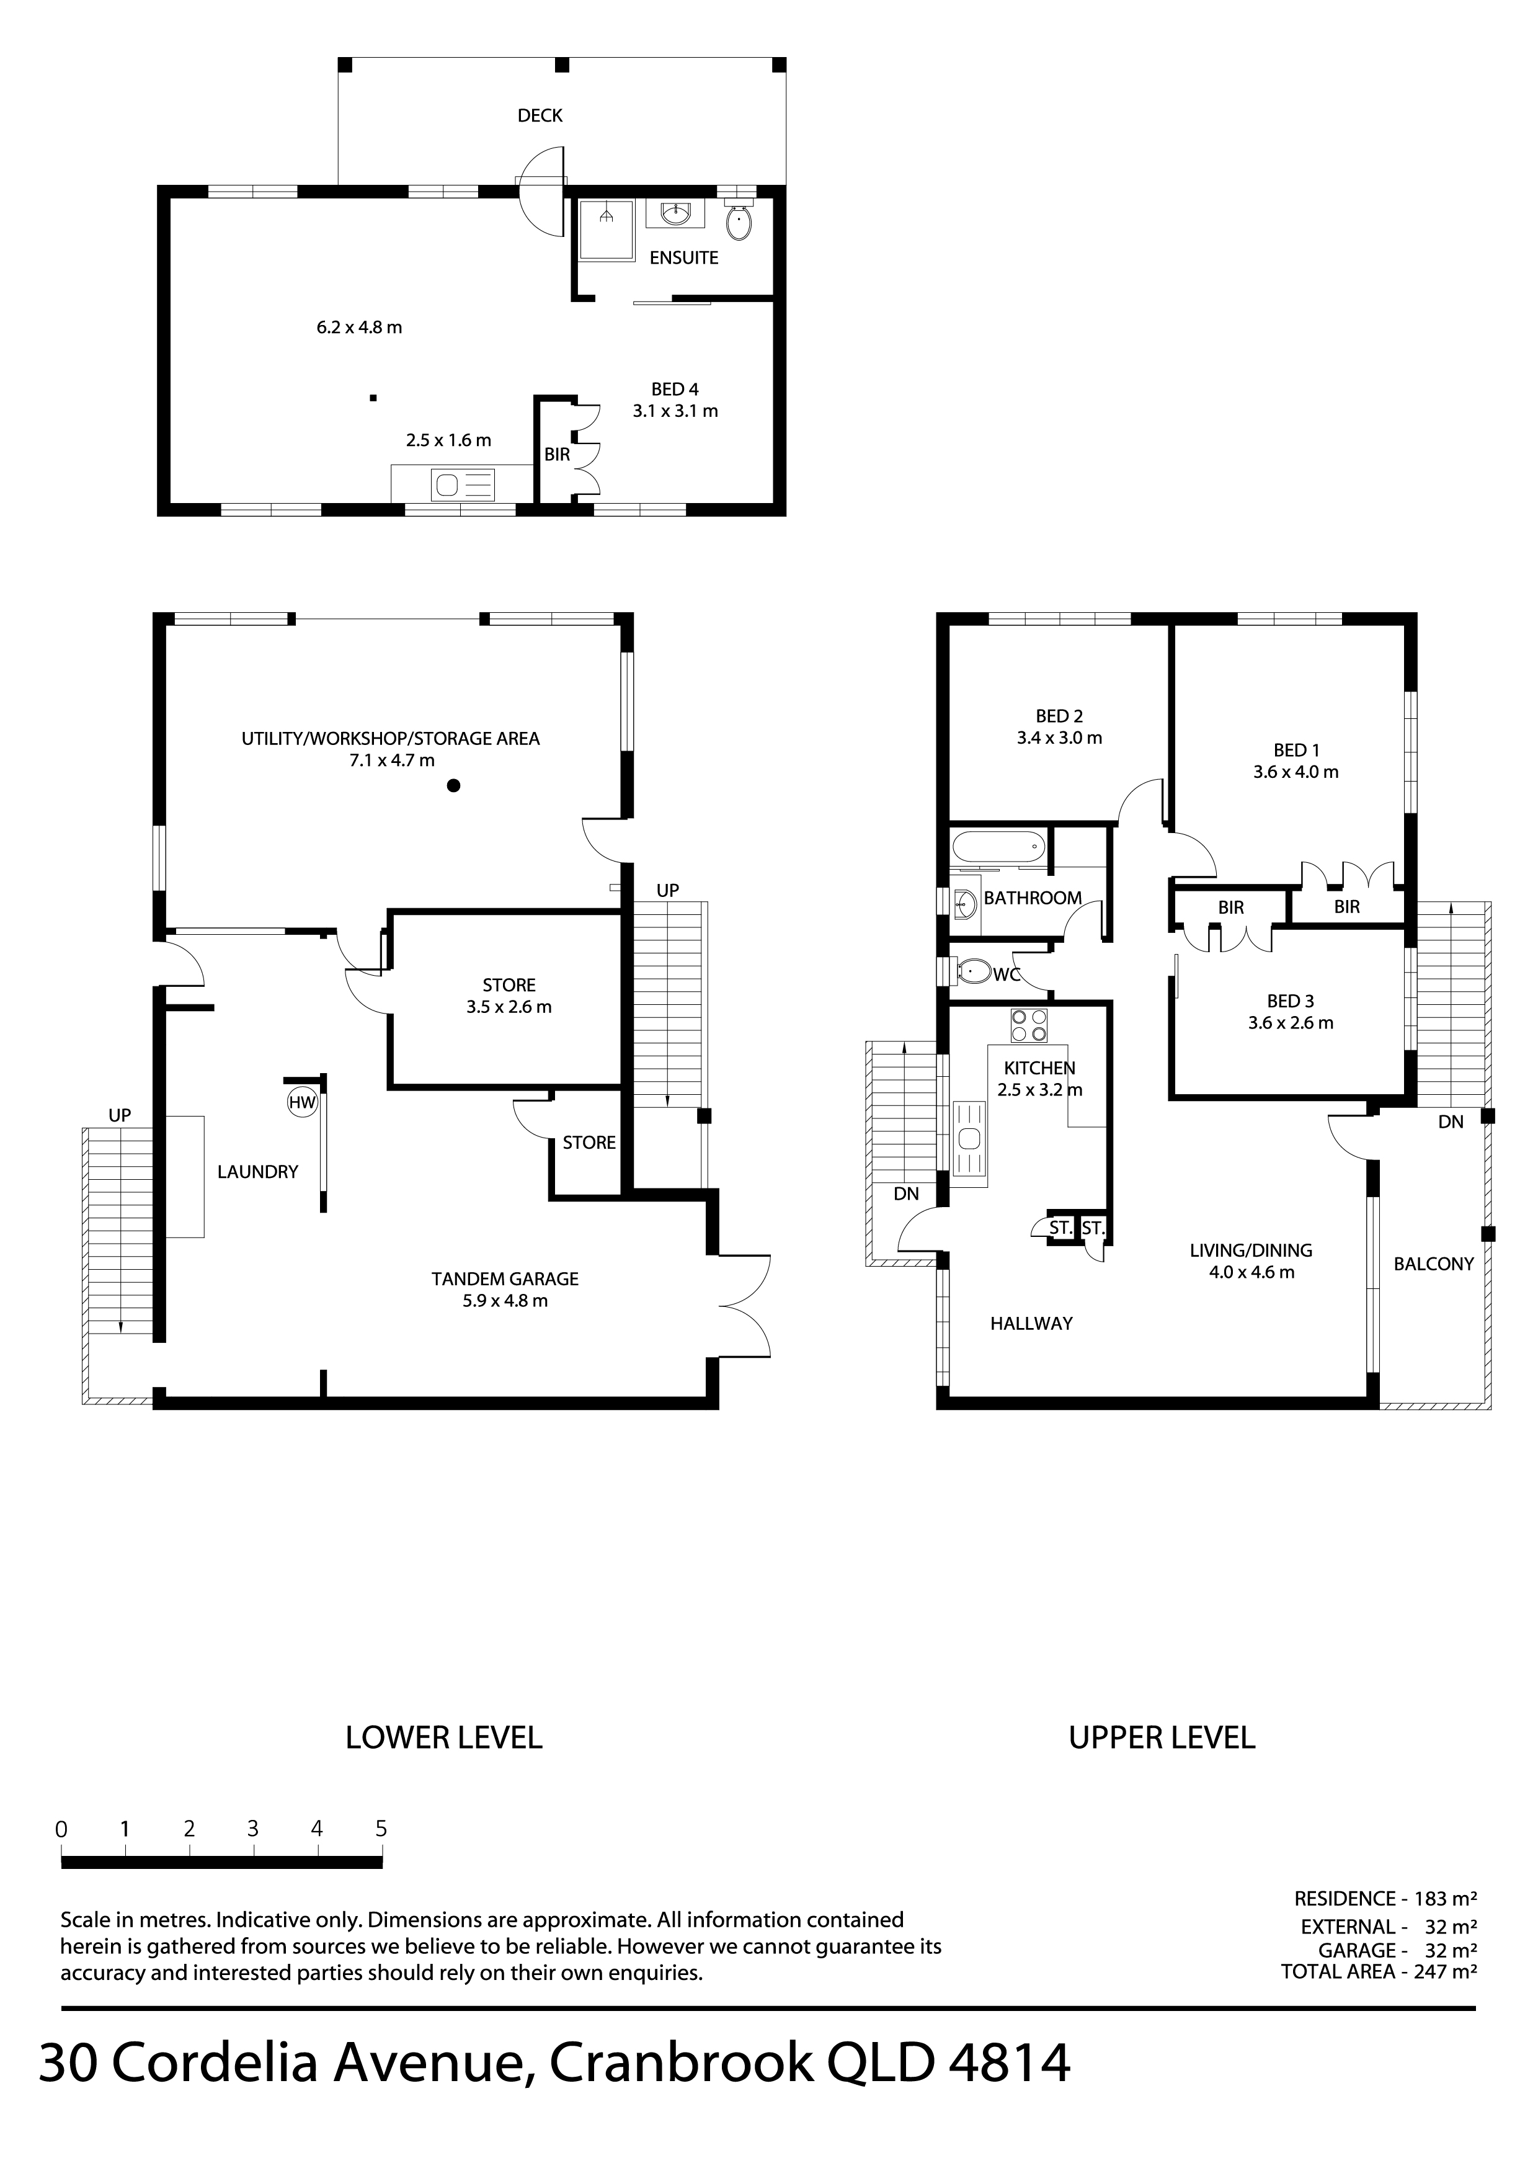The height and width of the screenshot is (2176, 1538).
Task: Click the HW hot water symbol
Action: (x=302, y=1102)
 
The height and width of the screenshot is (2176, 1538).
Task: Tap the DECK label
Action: (x=540, y=115)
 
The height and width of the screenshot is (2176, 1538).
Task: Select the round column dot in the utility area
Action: (x=454, y=785)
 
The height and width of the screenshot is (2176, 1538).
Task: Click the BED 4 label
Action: (x=675, y=388)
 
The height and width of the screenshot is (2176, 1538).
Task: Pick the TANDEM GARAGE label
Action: (x=505, y=1278)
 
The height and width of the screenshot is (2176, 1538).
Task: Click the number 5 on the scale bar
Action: (x=381, y=1828)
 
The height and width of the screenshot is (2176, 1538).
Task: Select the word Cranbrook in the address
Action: (x=682, y=2062)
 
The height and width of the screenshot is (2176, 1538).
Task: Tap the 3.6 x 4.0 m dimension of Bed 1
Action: (x=1296, y=772)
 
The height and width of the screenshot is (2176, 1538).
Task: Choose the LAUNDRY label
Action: (x=258, y=1171)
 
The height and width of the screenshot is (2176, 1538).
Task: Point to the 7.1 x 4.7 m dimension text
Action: (x=391, y=760)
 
